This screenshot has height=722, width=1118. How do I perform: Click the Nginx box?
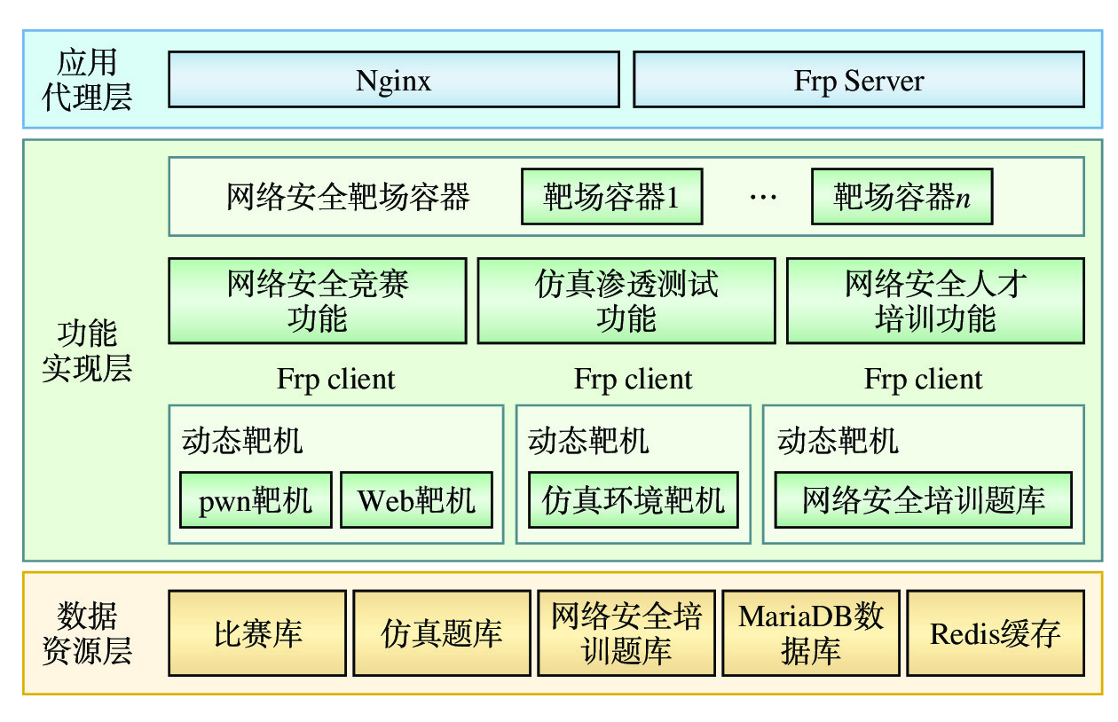[x=393, y=80]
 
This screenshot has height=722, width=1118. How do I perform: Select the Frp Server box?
[x=858, y=80]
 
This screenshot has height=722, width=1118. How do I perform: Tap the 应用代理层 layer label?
[x=87, y=80]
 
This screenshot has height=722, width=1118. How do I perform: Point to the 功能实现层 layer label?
[x=87, y=350]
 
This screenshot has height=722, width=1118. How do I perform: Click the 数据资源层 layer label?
[x=87, y=633]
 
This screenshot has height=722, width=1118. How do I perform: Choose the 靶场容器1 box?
[x=611, y=196]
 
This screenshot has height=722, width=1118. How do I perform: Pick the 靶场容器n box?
[x=901, y=196]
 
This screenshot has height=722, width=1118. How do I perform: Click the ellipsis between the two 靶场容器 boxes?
[x=763, y=197]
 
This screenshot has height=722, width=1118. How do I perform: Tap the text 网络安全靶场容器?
[x=348, y=196]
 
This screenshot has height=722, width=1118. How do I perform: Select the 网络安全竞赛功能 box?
[x=317, y=301]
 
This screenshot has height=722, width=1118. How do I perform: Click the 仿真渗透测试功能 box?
[x=626, y=301]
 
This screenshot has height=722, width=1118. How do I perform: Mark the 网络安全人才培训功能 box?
[x=935, y=301]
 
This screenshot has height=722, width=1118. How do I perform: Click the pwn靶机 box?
[x=256, y=500]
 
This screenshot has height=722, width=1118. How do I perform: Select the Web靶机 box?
[x=416, y=500]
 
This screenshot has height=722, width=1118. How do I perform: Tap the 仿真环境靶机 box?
[x=633, y=500]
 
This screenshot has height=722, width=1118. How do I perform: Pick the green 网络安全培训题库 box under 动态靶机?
[x=923, y=500]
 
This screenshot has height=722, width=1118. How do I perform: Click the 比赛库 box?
[x=257, y=633]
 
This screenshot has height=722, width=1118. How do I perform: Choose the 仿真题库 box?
[x=441, y=633]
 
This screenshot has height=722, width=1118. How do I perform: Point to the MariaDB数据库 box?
[x=811, y=633]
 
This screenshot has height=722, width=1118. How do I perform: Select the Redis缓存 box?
[x=995, y=633]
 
